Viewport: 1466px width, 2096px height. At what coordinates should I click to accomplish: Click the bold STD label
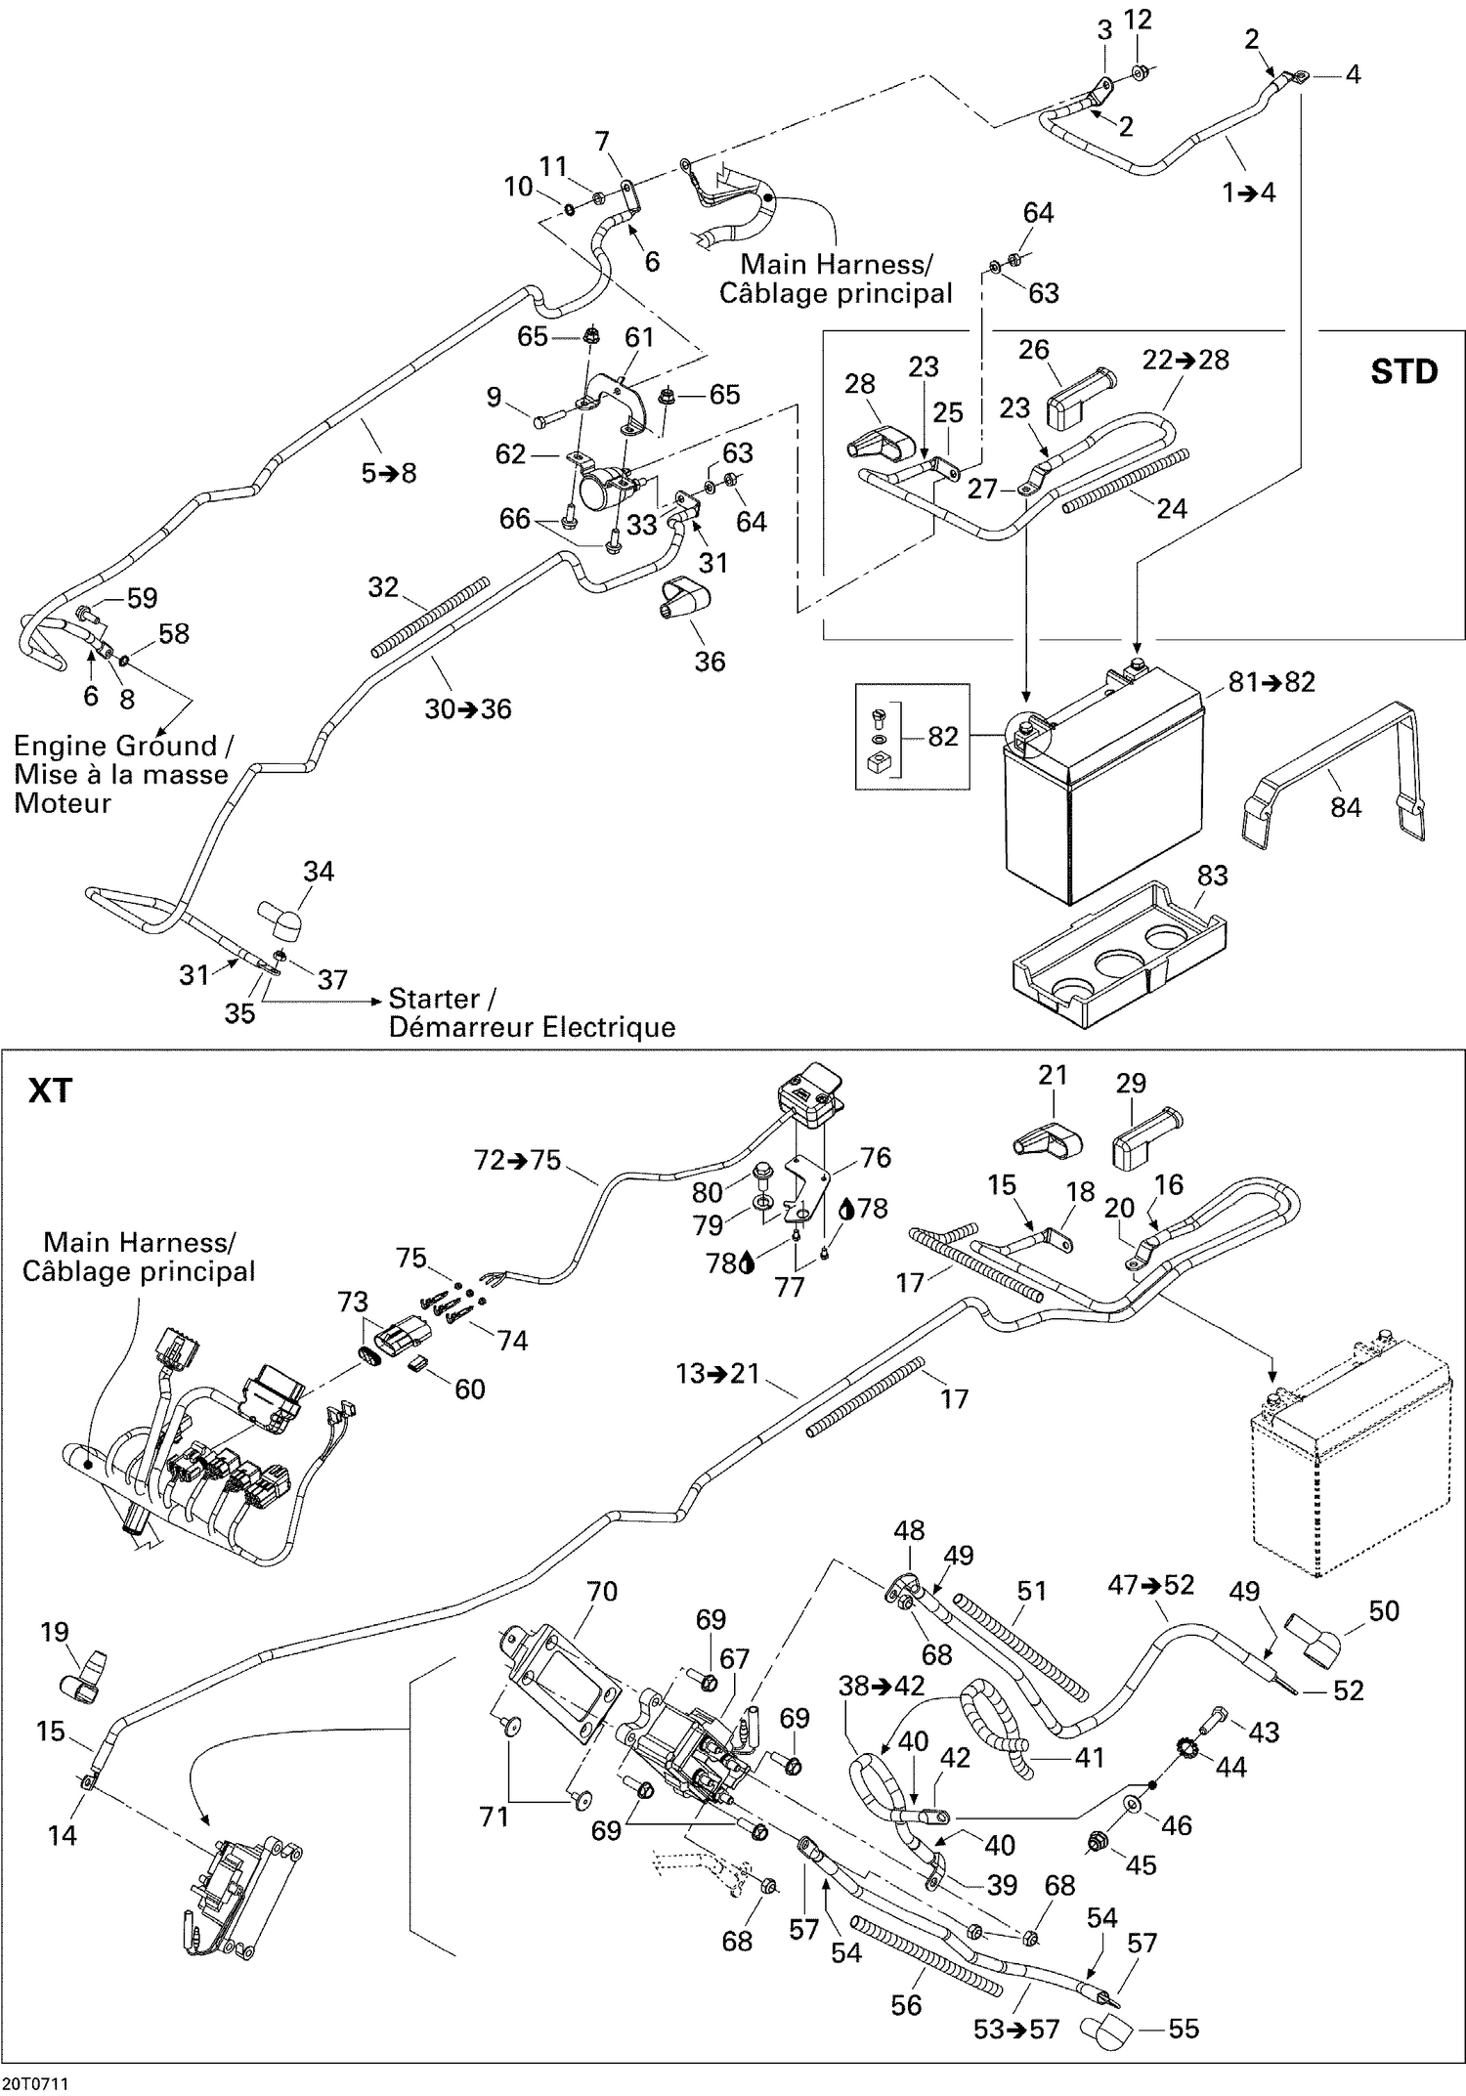point(1403,372)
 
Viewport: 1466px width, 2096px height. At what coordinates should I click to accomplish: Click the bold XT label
point(50,1090)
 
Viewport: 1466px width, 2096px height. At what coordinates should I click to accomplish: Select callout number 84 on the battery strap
point(1345,807)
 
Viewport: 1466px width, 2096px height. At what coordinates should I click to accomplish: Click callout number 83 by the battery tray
point(1212,876)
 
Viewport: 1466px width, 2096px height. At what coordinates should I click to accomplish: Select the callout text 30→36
point(467,709)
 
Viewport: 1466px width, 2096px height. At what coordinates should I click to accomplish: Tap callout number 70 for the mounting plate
point(602,1592)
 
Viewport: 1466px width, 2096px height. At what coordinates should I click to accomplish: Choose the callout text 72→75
point(517,1160)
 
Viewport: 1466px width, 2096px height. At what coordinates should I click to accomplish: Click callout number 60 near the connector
point(470,1389)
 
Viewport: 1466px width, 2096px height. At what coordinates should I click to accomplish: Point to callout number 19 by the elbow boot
point(55,1632)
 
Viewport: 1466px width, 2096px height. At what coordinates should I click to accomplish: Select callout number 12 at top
point(1138,20)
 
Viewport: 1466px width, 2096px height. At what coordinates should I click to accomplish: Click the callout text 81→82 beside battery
point(1272,682)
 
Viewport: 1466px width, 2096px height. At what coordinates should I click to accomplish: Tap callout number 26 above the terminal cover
point(1034,350)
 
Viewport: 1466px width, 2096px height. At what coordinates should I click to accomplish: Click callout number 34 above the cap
point(319,872)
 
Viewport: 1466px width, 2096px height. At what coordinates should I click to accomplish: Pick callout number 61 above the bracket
point(639,337)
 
